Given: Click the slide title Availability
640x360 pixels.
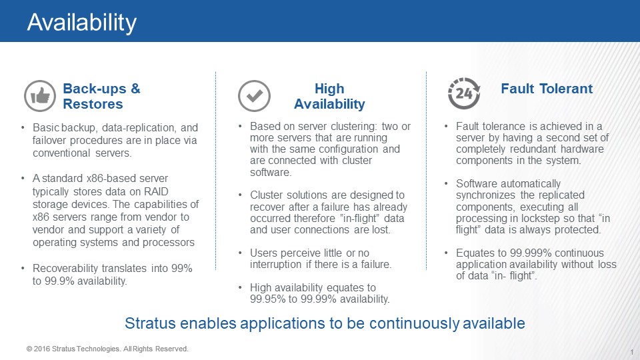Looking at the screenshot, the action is pos(81,23).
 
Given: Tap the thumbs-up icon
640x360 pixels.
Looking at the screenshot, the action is pos(40,96).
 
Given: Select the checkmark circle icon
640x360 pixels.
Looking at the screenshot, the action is pos(254,96).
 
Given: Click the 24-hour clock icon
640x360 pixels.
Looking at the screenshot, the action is pos(464,93).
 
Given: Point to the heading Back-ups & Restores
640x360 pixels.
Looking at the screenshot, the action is pos(101,96).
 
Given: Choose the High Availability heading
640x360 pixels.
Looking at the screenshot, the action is pos(329,96).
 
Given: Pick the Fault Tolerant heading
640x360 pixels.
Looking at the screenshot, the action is pos(547,89).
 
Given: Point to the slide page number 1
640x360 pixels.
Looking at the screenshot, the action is pos(632,352).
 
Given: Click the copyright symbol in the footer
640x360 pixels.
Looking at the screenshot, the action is pos(29,349).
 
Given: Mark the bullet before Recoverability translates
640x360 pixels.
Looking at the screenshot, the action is pos(23,268).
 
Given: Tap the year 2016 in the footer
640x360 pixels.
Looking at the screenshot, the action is pos(41,349).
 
